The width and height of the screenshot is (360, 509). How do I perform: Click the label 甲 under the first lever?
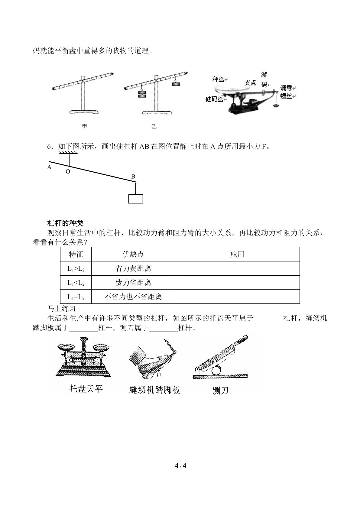click(84, 126)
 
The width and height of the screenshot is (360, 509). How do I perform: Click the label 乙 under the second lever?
click(154, 126)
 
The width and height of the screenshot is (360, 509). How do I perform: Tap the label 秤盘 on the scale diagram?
click(219, 79)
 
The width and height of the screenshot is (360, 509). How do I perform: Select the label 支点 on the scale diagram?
click(250, 83)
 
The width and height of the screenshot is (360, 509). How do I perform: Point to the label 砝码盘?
click(214, 99)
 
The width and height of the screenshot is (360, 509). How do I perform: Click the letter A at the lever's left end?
click(49, 167)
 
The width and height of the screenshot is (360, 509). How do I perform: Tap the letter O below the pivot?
click(68, 172)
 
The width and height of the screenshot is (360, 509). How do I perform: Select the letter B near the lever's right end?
click(133, 177)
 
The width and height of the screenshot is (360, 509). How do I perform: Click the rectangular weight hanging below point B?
click(136, 199)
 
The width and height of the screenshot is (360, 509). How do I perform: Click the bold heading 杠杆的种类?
click(65, 223)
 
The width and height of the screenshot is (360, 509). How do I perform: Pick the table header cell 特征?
click(76, 254)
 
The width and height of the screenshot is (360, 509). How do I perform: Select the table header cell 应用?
click(237, 254)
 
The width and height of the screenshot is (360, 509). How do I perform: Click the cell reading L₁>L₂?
click(76, 268)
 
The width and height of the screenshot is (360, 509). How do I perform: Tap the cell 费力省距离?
click(133, 283)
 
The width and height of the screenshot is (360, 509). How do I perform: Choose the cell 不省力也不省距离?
click(133, 297)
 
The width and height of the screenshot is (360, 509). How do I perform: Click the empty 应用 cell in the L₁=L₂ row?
click(237, 297)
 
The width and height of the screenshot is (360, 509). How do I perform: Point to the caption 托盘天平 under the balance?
click(86, 389)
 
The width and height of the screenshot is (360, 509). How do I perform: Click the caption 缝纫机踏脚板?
click(154, 390)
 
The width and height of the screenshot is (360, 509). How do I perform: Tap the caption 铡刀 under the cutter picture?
click(220, 391)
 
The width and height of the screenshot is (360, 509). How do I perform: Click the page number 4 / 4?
click(180, 466)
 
